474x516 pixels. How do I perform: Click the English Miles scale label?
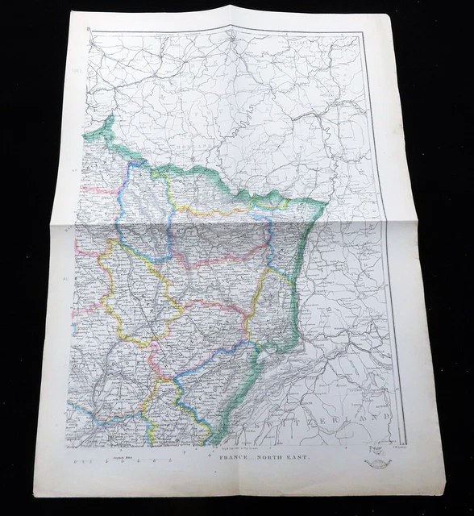tap(114, 457)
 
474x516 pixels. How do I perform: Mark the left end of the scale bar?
tap(72, 463)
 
